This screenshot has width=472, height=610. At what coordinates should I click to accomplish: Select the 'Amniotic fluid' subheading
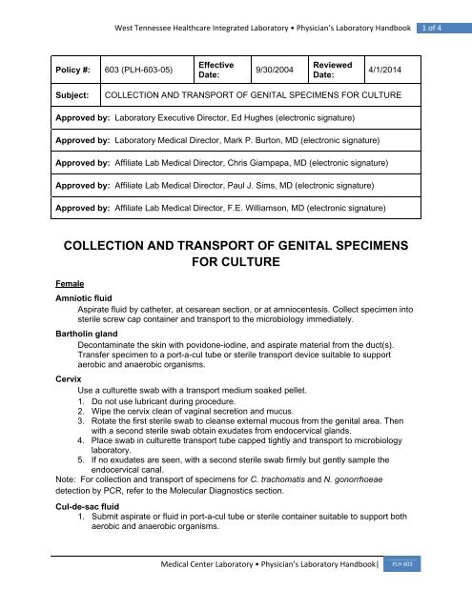pos(84,299)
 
